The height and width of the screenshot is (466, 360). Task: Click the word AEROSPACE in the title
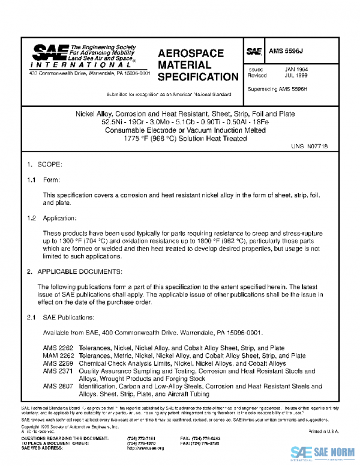tap(190, 53)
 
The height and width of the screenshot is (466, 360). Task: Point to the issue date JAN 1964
tap(298, 70)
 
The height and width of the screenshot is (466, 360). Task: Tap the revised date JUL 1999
tap(298, 76)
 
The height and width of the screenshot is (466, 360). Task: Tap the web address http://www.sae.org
tap(143, 449)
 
